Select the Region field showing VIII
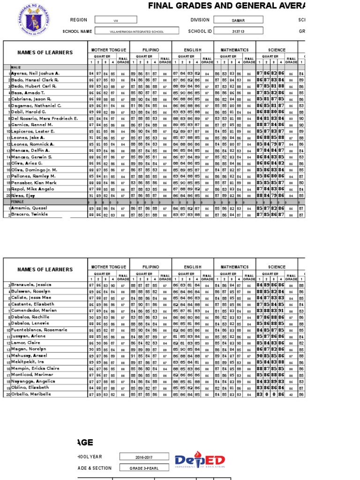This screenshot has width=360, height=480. [x=116, y=20]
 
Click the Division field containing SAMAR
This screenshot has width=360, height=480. [x=238, y=20]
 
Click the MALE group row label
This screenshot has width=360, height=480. [x=16, y=67]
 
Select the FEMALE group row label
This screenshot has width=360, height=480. [x=18, y=202]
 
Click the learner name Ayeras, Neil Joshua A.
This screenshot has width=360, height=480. [x=35, y=74]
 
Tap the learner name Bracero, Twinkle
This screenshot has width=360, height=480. [x=31, y=214]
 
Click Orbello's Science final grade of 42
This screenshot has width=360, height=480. [x=291, y=395]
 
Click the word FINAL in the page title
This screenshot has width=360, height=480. [x=161, y=6]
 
